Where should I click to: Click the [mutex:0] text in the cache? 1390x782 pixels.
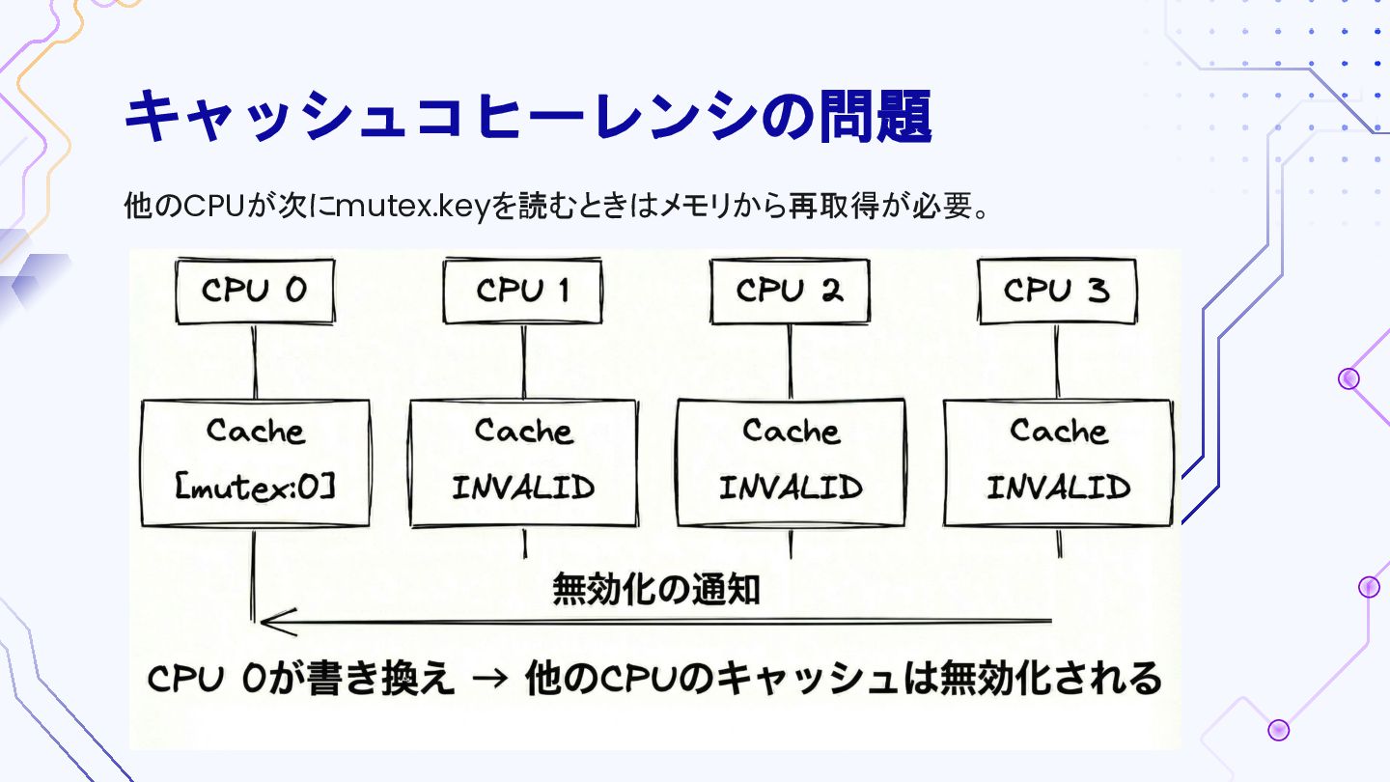tap(255, 488)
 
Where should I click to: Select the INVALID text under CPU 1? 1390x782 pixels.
tap(523, 488)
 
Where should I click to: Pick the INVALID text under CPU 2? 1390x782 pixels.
tap(791, 488)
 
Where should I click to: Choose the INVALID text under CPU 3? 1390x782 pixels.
tap(1058, 488)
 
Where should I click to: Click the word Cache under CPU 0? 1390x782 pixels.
tap(255, 431)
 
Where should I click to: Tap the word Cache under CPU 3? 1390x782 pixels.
tap(1058, 431)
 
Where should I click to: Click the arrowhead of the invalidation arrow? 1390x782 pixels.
tap(272, 621)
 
